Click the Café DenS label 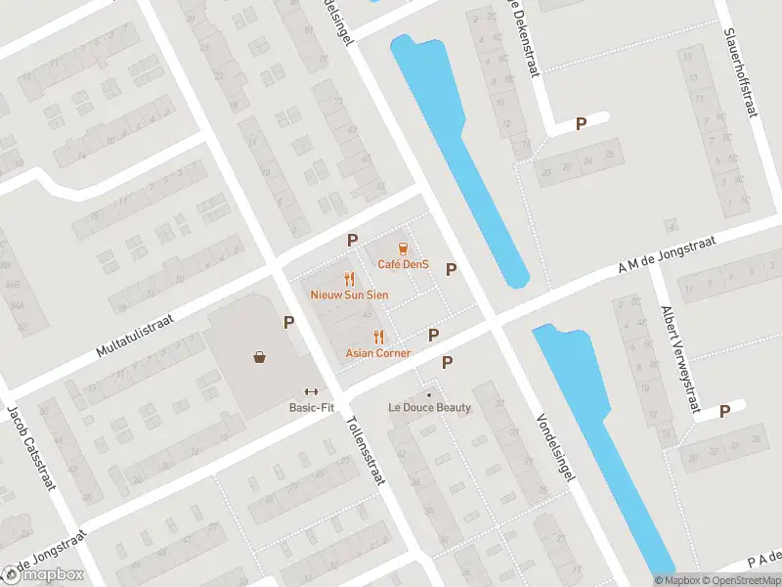click(403, 264)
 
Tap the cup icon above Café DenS click(402, 249)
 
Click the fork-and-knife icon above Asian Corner click(378, 337)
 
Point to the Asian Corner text click(378, 352)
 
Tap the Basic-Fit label click(312, 407)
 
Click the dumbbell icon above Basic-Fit click(312, 391)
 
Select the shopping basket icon click(260, 358)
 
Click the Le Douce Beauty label click(429, 408)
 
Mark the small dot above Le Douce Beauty click(428, 394)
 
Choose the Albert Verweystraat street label click(681, 359)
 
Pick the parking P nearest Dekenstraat click(581, 124)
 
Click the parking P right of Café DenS click(452, 269)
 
